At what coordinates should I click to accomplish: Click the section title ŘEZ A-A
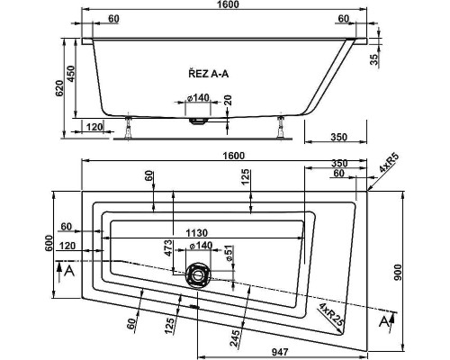[209, 74]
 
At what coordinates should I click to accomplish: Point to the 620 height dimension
[60, 88]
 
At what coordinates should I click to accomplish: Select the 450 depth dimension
[72, 73]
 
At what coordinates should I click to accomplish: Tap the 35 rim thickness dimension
[373, 59]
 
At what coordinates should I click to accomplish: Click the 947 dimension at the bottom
[280, 352]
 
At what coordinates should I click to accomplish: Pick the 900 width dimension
[397, 273]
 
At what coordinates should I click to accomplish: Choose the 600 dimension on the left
[49, 243]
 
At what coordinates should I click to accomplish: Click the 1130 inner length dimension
[197, 233]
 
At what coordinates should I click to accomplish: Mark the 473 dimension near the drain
[168, 247]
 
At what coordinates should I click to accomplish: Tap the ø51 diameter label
[229, 254]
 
